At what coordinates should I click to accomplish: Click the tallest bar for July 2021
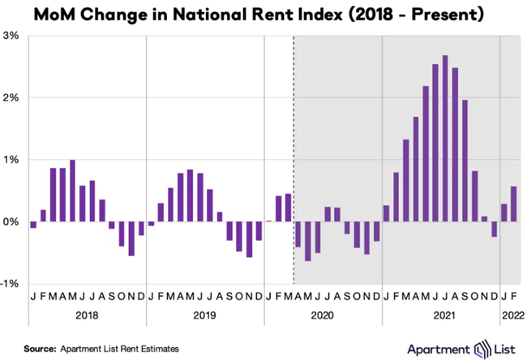445,138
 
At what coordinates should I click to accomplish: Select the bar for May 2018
72,191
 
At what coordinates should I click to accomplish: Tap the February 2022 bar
514,204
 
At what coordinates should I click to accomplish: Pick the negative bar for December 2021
495,229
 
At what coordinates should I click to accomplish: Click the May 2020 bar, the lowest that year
308,241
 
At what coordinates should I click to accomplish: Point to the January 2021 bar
386,213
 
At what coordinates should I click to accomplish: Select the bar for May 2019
190,195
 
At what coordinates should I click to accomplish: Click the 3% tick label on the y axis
11,35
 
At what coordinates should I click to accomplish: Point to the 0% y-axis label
11,221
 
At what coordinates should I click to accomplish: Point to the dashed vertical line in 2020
293,162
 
